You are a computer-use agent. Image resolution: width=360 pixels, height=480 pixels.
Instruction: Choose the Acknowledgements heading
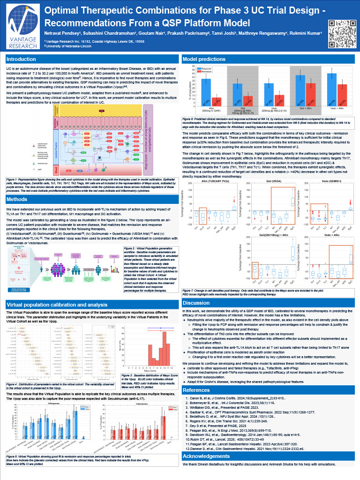[206, 442]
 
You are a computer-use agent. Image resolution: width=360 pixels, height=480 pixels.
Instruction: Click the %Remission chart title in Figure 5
[134, 402]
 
